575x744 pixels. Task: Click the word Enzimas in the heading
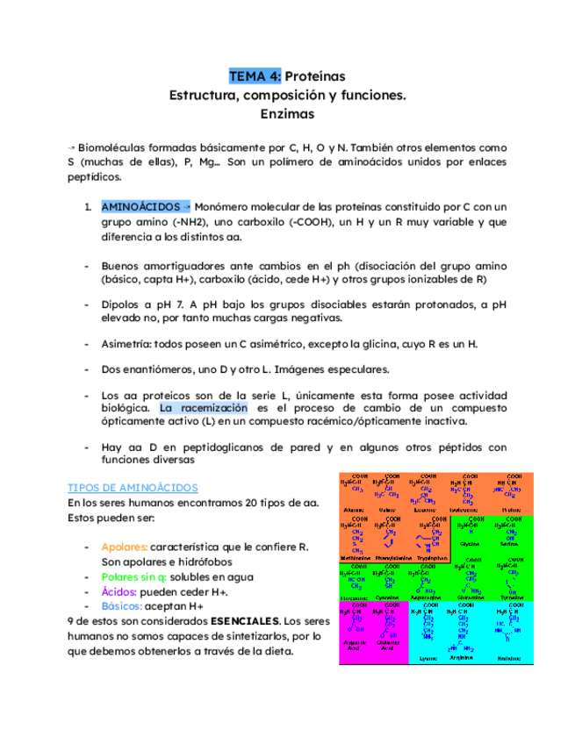click(287, 114)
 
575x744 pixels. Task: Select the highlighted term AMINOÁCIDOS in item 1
click(141, 206)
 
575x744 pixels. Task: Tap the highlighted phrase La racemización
click(204, 408)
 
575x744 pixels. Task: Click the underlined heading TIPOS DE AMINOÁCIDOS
click(133, 487)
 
